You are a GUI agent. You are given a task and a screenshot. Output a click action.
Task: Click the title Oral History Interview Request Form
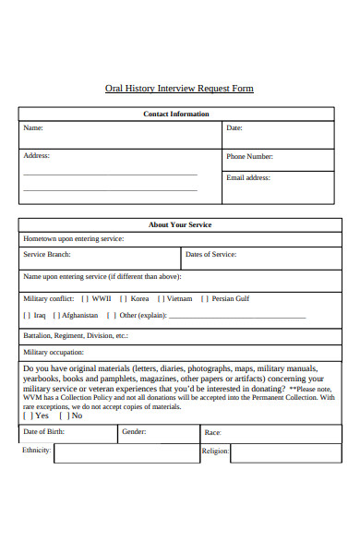(179, 89)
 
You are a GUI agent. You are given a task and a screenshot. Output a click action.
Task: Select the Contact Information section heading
(176, 114)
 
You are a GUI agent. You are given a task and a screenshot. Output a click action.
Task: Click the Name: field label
(33, 128)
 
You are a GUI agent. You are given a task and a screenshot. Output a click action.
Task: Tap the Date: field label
(234, 128)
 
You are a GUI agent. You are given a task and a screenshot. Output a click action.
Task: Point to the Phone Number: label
(249, 157)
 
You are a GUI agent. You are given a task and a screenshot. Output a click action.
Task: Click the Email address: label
(248, 176)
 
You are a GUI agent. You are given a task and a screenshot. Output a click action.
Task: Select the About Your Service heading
(180, 224)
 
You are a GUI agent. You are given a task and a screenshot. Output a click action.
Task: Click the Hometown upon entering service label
(73, 238)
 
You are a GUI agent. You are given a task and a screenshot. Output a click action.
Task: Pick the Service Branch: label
(47, 254)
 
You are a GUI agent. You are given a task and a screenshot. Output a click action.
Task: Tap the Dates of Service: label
(210, 254)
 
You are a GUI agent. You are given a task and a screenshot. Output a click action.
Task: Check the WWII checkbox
(85, 299)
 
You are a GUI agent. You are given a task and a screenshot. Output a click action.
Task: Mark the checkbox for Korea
(123, 299)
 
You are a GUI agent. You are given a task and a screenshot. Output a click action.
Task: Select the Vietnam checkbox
(160, 299)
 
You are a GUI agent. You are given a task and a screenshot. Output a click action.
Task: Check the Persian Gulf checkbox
(205, 299)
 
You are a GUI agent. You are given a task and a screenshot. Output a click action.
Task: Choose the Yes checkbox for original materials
(28, 416)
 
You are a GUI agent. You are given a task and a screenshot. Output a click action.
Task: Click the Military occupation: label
(54, 353)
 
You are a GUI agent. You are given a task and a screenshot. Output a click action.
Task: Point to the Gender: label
(134, 432)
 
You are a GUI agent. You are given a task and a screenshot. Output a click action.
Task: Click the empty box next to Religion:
(282, 452)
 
